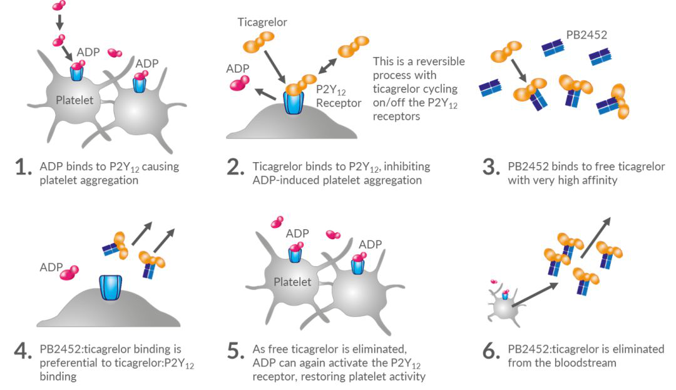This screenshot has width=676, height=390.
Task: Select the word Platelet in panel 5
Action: (292, 282)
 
